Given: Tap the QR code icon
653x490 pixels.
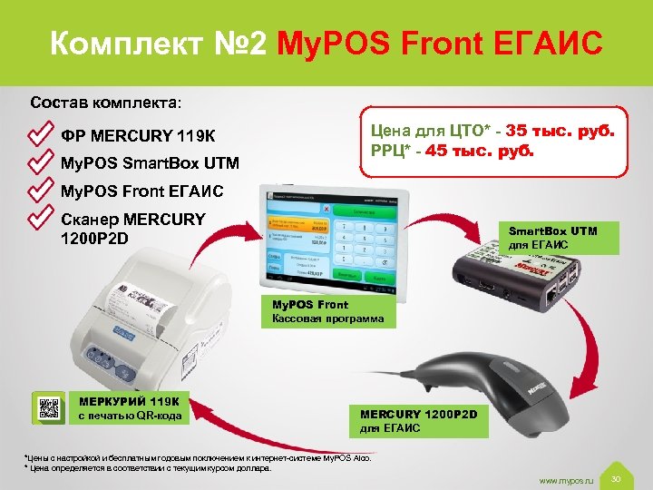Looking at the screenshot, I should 49,408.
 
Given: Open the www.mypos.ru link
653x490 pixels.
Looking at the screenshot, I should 565,478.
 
